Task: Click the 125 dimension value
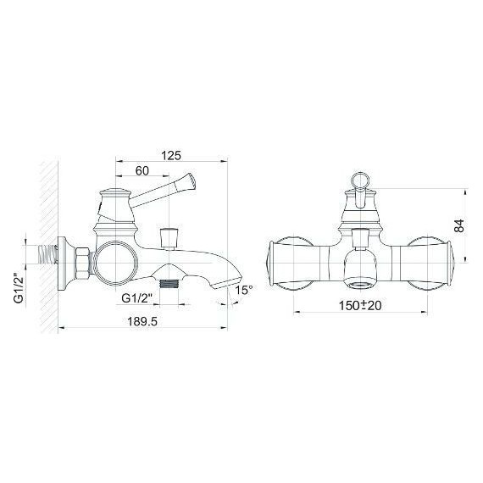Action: tap(171, 155)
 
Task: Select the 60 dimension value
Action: tap(142, 170)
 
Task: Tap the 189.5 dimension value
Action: tap(142, 322)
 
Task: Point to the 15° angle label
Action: tap(244, 290)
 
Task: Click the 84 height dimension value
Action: tap(458, 225)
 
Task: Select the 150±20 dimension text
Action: tap(360, 305)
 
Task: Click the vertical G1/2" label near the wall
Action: tap(19, 288)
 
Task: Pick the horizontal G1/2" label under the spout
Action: tap(137, 298)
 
